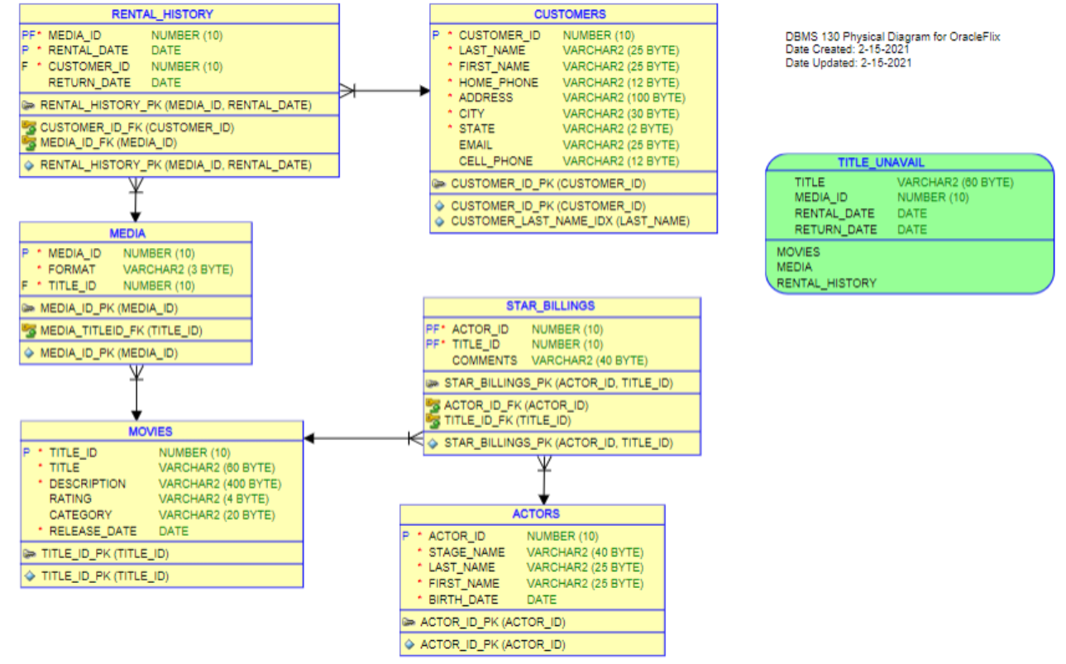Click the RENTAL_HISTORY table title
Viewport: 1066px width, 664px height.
click(162, 14)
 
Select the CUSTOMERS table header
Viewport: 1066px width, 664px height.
click(570, 14)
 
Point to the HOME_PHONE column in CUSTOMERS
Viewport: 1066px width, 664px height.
click(498, 82)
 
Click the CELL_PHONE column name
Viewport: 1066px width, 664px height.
click(495, 160)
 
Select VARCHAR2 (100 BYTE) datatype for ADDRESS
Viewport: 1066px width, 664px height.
click(624, 98)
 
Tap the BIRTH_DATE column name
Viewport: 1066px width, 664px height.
click(463, 600)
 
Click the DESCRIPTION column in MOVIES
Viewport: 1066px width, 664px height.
click(88, 484)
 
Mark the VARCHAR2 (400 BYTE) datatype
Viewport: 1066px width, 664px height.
click(220, 484)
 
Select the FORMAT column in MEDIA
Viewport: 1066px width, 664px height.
click(72, 269)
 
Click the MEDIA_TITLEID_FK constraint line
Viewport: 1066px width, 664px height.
click(121, 331)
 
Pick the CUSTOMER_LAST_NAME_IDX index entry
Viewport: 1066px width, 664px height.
click(570, 222)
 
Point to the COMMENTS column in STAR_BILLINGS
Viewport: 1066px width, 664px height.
click(484, 361)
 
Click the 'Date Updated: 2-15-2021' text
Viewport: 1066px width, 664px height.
click(848, 63)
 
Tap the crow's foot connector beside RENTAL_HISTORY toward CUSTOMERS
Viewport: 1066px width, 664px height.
click(347, 90)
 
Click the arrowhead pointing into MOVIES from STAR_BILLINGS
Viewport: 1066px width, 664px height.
click(310, 437)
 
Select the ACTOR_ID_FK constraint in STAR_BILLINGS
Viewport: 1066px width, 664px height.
click(515, 405)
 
